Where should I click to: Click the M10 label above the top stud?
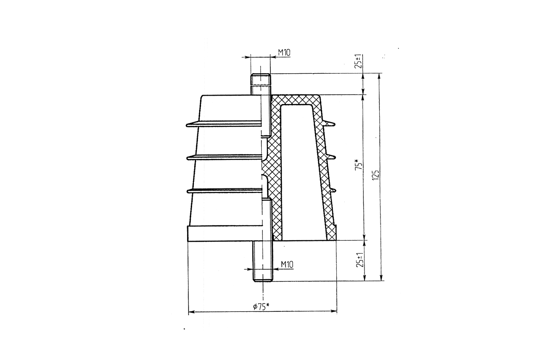[x=285, y=53]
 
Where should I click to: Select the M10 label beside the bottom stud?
[x=285, y=266]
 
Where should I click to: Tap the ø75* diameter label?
[x=260, y=306]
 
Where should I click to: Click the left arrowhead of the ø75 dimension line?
[x=192, y=309]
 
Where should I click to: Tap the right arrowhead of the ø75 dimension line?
[x=333, y=309]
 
